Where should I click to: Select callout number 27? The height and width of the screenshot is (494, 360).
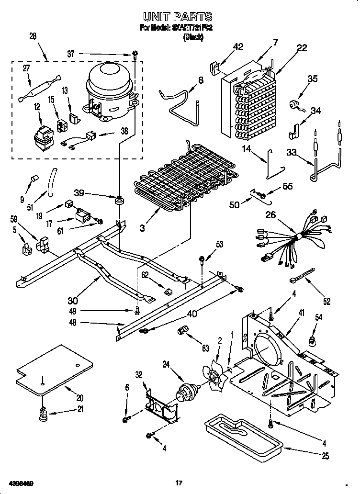[26, 68]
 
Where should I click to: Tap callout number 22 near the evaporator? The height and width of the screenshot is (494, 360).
[302, 47]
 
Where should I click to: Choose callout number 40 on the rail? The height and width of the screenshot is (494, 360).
[191, 314]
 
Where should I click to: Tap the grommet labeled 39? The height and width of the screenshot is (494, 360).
[118, 199]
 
